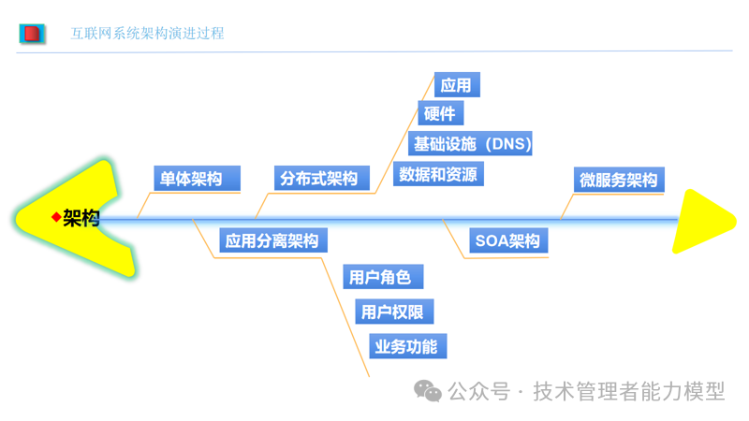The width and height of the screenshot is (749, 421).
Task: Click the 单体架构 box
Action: [197, 179]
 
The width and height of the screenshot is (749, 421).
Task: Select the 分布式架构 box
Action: [322, 178]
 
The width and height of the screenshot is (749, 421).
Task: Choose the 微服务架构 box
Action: [619, 180]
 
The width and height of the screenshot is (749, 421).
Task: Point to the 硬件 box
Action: [440, 114]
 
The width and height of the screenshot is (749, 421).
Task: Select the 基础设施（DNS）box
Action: [473, 144]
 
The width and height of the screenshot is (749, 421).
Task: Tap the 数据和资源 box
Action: [438, 174]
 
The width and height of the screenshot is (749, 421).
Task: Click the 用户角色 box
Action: [381, 277]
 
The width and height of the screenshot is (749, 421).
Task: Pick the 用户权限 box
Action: [395, 312]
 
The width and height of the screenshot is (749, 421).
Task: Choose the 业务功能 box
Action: [406, 346]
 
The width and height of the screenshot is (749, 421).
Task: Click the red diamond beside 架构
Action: [55, 218]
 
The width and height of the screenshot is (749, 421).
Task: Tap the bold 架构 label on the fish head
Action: [81, 219]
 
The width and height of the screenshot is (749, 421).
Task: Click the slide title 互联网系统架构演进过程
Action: [148, 34]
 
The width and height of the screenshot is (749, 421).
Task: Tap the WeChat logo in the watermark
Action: [430, 391]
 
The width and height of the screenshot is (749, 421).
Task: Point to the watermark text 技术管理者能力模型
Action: [629, 392]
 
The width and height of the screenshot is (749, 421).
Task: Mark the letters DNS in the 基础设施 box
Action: [510, 144]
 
